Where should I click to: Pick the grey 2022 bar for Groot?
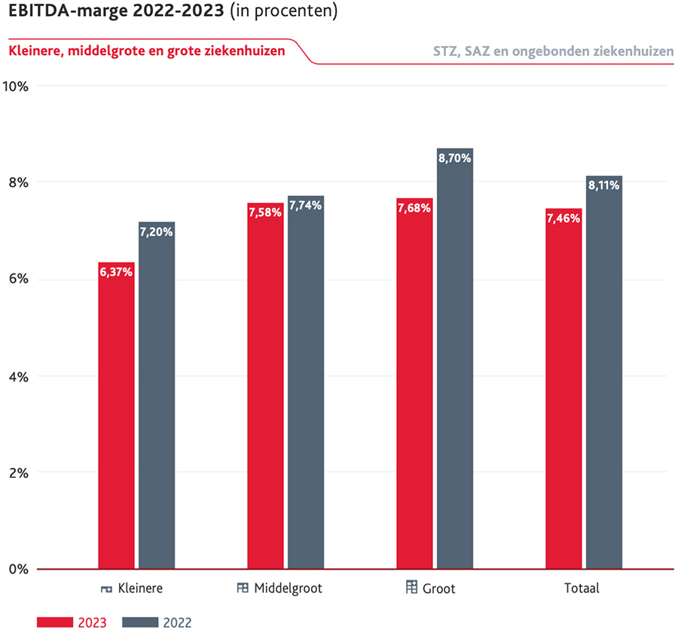pos(455,359)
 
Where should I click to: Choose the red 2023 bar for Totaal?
pos(563,389)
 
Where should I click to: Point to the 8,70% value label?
pos(455,158)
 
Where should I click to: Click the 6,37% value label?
pos(116,272)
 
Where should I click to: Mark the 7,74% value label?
pos(306,205)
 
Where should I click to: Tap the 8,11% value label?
pos(604,185)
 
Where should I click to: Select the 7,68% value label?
pos(414,208)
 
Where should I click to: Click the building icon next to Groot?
pos(411,587)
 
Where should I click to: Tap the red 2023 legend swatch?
pos(55,622)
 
